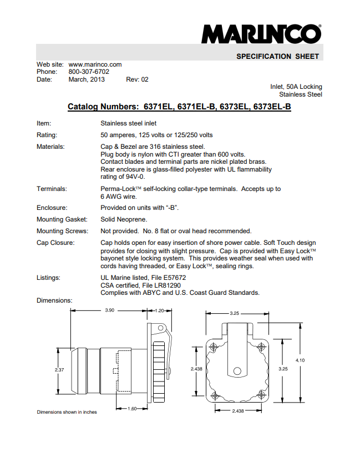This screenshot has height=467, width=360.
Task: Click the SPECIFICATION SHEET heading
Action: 277,57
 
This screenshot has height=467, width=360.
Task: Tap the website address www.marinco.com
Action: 95,64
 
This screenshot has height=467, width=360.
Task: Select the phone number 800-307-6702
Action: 89,72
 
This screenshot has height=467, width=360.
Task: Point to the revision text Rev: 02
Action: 138,79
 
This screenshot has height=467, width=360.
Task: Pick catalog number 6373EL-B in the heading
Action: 272,107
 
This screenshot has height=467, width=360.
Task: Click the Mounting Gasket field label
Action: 61,219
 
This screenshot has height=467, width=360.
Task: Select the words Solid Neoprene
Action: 124,219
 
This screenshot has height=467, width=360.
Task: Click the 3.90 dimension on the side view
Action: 110,310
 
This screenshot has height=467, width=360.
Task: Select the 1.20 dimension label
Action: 160,310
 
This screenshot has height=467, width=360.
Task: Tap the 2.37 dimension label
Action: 60,369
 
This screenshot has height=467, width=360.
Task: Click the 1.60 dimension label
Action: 133,409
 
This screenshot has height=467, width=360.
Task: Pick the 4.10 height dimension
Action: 300,361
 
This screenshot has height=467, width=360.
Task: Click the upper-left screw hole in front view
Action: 214,347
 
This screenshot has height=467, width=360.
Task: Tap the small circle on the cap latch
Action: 237,371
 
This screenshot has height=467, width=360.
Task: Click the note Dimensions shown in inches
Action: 67,412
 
